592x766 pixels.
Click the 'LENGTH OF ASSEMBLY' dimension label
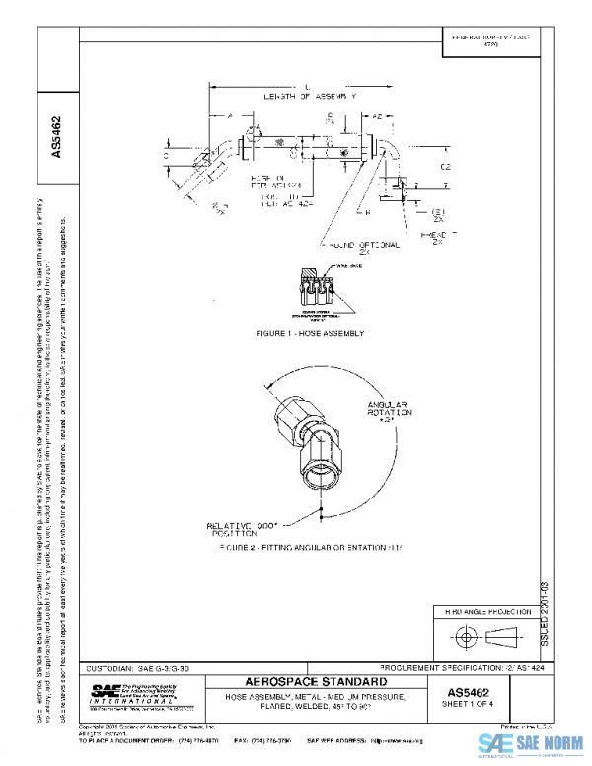click(x=308, y=96)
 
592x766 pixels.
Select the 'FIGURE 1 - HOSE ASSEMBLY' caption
click(x=309, y=333)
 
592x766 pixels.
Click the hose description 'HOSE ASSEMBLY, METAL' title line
click(x=308, y=698)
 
